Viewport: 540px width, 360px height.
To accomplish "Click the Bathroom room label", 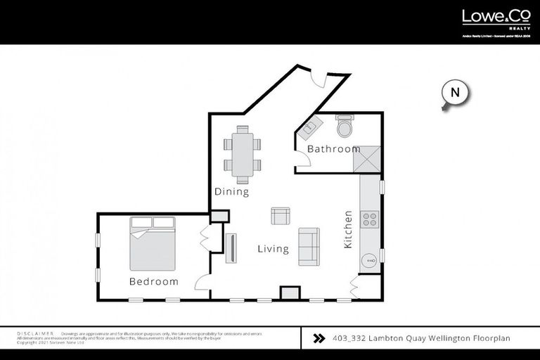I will coord(334,149).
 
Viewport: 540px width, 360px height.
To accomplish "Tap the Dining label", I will coord(232,192).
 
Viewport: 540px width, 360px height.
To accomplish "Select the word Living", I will coord(273,249).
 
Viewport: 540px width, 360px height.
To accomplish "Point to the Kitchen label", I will coord(348,229).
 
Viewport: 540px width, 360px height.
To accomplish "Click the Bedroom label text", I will coord(154,281).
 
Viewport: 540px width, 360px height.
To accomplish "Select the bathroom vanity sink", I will coord(310,127).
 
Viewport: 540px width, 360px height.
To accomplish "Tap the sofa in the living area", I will coord(309,246).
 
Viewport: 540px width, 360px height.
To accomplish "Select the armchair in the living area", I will coord(281,215).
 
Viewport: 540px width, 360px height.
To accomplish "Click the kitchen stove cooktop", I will coord(370,219).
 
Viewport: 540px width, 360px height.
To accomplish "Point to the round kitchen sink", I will coord(369,261).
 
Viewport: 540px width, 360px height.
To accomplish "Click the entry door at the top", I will coord(320,77).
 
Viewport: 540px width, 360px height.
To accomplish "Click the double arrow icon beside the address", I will coord(319,338).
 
